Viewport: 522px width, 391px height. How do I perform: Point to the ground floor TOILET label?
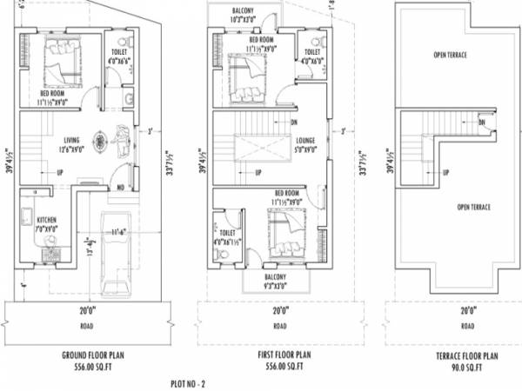pyautogui.click(x=117, y=39)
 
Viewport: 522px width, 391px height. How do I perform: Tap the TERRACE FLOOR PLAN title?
pyautogui.click(x=467, y=355)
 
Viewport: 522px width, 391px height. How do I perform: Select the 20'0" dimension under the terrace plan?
pyautogui.click(x=468, y=309)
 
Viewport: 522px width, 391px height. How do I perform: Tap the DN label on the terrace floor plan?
pyautogui.click(x=481, y=123)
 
